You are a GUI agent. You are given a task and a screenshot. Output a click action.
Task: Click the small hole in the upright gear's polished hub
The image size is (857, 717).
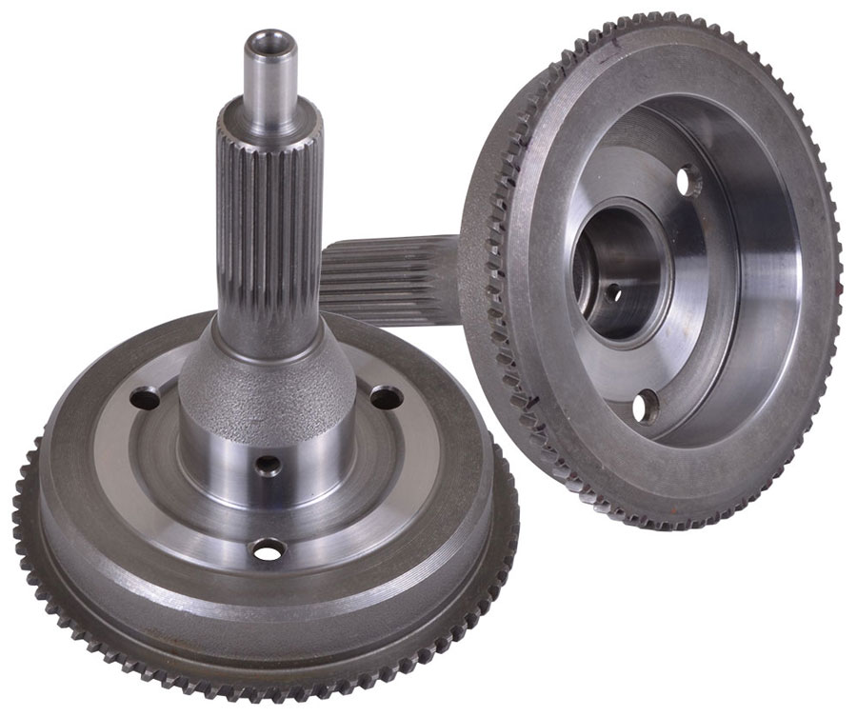(x=269, y=466)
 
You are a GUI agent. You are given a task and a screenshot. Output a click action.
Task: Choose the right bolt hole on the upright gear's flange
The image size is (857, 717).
(x=385, y=396)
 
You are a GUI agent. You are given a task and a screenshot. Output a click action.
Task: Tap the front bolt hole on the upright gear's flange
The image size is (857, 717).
(x=267, y=548)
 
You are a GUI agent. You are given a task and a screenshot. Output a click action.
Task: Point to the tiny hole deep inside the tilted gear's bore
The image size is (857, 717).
(x=612, y=292)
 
